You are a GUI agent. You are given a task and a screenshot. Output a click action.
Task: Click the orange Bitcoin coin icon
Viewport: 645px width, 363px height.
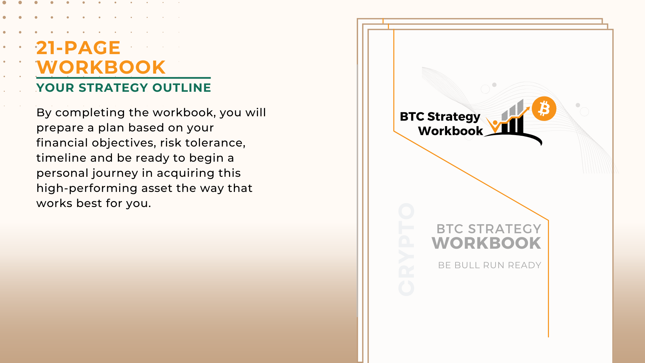(x=544, y=109)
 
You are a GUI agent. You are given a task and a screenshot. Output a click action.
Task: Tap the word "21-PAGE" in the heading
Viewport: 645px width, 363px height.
(x=78, y=48)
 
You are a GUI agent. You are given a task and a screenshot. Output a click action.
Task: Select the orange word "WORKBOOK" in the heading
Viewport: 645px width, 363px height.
(x=101, y=67)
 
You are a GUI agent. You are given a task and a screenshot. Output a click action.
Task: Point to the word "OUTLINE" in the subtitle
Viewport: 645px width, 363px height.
(x=181, y=88)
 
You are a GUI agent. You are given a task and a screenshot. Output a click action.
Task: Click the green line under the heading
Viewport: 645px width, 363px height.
(x=124, y=78)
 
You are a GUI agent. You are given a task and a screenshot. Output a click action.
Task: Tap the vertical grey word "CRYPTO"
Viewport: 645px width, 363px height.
(x=406, y=249)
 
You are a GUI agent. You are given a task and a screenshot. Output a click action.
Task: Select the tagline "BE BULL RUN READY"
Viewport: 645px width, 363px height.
(x=489, y=265)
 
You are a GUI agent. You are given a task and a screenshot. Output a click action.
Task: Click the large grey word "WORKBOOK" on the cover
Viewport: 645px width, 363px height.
(x=486, y=243)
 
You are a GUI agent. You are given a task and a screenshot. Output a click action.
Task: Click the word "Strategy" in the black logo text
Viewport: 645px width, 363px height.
(x=454, y=117)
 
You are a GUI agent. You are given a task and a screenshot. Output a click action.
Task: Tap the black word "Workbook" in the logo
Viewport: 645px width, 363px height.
(x=450, y=131)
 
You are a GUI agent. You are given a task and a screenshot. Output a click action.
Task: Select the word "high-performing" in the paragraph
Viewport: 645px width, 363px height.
(x=87, y=189)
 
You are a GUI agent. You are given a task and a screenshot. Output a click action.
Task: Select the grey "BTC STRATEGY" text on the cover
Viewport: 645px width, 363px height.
(x=489, y=229)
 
